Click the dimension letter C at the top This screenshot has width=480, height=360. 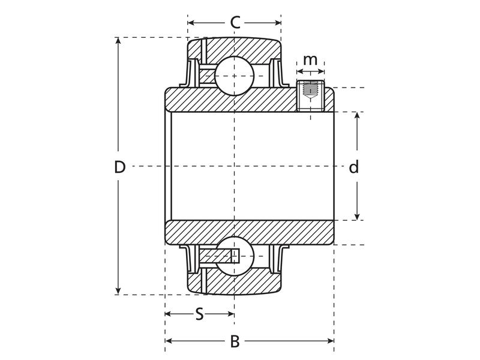(235, 23)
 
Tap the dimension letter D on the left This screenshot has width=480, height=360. (120, 167)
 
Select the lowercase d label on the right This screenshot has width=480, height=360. (354, 167)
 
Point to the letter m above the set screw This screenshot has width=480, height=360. (310, 60)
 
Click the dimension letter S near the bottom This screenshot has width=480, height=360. (199, 314)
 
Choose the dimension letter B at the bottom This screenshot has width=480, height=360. (235, 341)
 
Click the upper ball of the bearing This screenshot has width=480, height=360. (235, 77)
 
